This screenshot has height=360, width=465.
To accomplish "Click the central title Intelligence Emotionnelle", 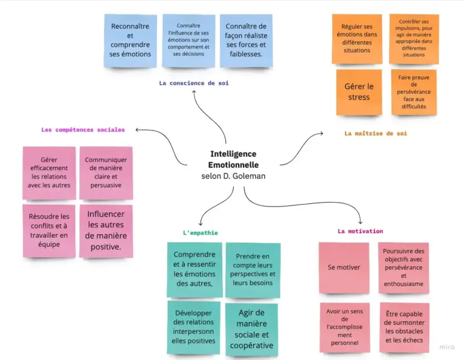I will (233, 159).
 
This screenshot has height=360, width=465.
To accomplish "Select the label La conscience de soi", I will (194, 83).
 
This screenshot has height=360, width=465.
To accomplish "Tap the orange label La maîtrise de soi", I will (375, 133).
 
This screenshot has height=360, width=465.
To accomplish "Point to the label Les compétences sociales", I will (83, 129).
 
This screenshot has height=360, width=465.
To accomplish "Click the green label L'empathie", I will (200, 232).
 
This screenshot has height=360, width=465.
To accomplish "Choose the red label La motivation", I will (360, 231).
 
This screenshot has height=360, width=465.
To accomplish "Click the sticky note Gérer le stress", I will (359, 92).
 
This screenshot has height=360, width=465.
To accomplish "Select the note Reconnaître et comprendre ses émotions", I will (130, 41).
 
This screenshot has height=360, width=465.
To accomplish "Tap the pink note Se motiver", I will (343, 267).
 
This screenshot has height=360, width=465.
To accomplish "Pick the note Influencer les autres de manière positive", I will (106, 231).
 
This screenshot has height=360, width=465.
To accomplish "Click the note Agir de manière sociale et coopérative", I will (251, 329).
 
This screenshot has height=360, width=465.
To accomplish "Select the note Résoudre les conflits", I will (49, 231).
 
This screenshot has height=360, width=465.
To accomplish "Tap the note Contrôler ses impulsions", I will (414, 39).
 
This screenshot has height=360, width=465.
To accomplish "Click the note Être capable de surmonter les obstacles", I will (404, 327).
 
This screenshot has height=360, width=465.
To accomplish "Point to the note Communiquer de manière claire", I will (106, 172).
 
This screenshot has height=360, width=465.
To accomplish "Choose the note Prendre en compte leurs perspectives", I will (252, 270).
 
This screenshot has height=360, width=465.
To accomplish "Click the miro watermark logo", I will (447, 347).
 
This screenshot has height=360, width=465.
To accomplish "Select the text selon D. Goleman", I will (233, 176).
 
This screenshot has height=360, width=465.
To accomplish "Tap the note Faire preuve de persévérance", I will (414, 92).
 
